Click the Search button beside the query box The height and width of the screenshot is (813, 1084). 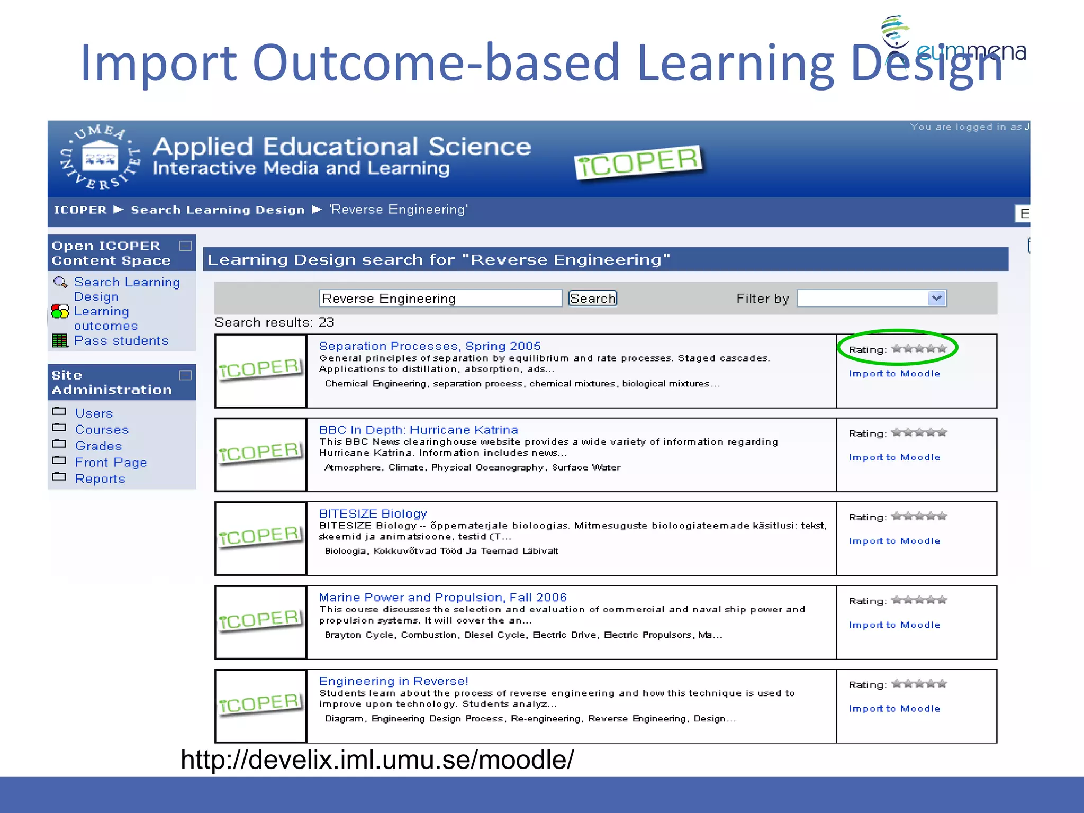(592, 299)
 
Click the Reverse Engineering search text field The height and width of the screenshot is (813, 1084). (440, 299)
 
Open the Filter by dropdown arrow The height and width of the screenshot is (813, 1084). (936, 299)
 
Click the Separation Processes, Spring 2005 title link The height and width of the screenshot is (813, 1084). (429, 346)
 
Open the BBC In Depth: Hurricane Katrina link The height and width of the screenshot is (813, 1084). (418, 430)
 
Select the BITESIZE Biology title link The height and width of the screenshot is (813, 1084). (373, 513)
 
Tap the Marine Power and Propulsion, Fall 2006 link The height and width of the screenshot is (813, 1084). (442, 598)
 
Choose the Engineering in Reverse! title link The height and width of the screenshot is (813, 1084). (393, 681)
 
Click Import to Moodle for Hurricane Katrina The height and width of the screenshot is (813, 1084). (895, 457)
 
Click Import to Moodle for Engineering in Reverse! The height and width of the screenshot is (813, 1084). (895, 709)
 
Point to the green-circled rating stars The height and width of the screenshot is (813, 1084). (919, 349)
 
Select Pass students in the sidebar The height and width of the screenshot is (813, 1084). (121, 341)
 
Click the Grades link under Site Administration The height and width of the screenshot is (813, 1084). (98, 446)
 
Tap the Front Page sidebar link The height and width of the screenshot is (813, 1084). (111, 463)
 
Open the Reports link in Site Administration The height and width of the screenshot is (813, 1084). (100, 479)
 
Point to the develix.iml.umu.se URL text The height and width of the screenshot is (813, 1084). (377, 760)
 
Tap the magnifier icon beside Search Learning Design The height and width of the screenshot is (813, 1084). (60, 282)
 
